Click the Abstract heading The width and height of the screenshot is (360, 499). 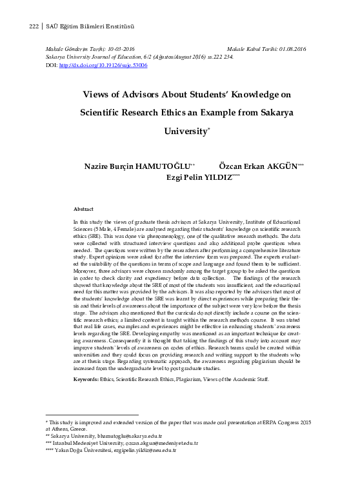pyautogui.click(x=84, y=210)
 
